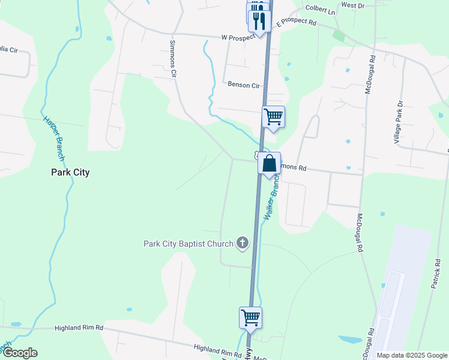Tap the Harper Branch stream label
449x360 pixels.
click(x=53, y=137)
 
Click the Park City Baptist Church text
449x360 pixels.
click(x=188, y=244)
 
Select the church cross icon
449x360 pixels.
click(x=242, y=243)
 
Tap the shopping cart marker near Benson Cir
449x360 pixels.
click(x=273, y=116)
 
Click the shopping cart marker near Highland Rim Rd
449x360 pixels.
click(x=250, y=317)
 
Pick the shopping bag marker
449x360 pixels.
click(x=270, y=163)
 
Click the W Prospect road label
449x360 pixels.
click(x=243, y=38)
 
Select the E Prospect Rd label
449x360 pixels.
click(x=296, y=23)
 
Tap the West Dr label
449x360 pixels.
click(x=352, y=5)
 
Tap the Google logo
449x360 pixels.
click(x=19, y=353)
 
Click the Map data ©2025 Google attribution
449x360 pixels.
click(x=412, y=355)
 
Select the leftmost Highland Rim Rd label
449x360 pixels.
click(x=79, y=328)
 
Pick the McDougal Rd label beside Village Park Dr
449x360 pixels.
click(x=370, y=74)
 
